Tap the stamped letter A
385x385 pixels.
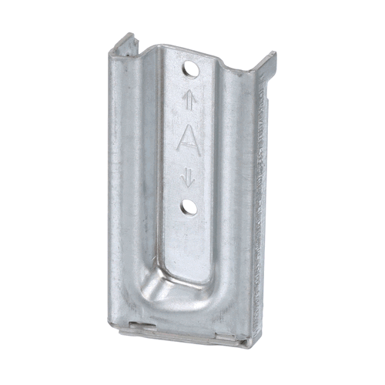[x=188, y=139]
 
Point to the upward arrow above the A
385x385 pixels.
[x=187, y=99]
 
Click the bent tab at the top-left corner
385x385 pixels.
[x=122, y=45]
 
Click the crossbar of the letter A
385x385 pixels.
[x=188, y=145]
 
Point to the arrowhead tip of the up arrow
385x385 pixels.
[x=187, y=92]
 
